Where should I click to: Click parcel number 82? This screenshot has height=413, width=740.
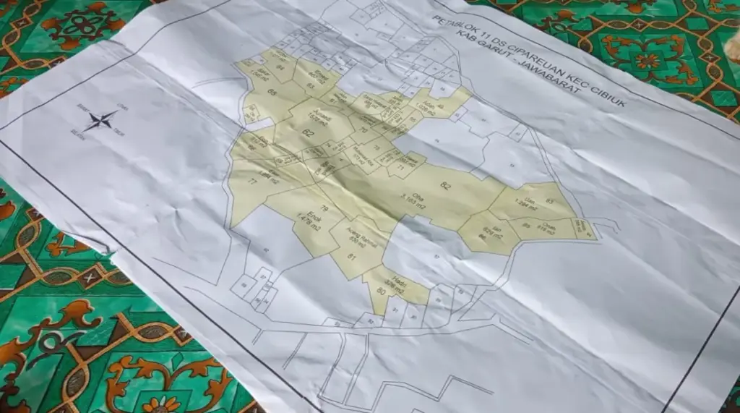(445, 187)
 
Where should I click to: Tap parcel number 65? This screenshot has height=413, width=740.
(252, 93)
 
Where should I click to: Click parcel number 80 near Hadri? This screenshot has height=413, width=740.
(380, 291)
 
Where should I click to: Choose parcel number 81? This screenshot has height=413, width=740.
(353, 257)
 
